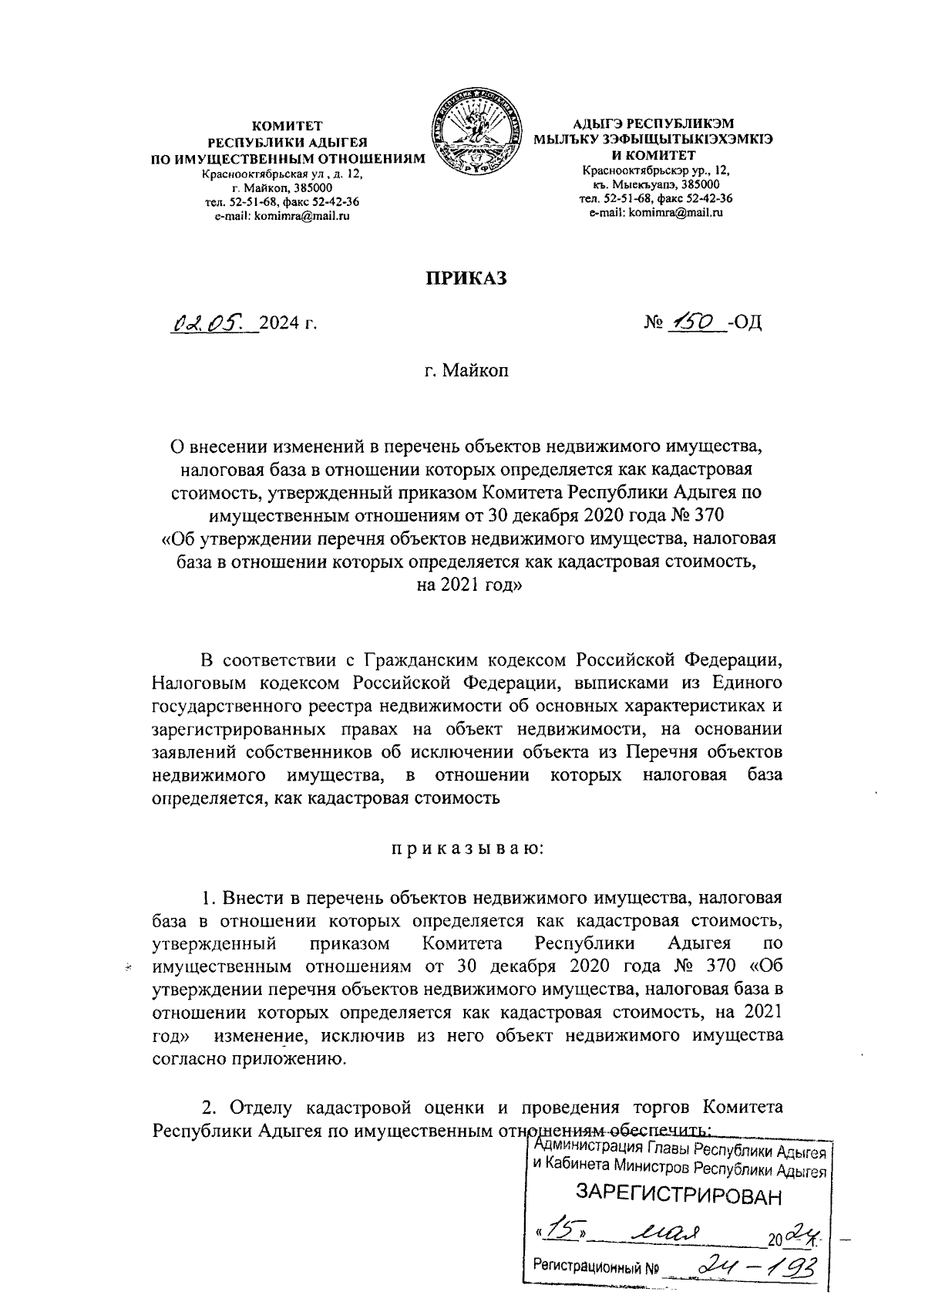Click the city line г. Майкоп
(x=467, y=371)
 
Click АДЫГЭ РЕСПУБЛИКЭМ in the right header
(x=654, y=124)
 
